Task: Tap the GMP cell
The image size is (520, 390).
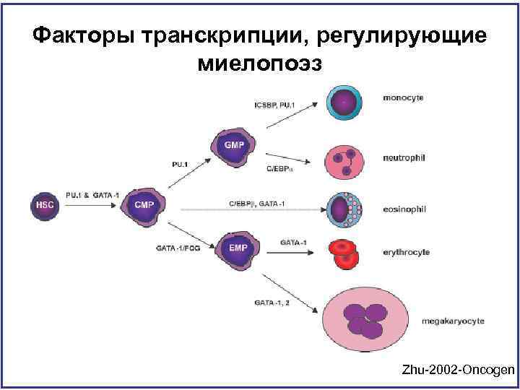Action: point(234,147)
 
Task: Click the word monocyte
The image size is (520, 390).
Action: point(403,97)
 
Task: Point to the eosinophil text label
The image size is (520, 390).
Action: point(405,209)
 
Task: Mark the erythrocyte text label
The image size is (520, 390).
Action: point(407,252)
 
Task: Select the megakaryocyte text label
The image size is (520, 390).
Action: point(454,321)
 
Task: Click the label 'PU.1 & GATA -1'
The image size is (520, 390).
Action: point(92,195)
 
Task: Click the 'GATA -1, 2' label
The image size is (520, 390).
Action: point(272,302)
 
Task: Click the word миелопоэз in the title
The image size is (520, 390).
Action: point(259,64)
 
